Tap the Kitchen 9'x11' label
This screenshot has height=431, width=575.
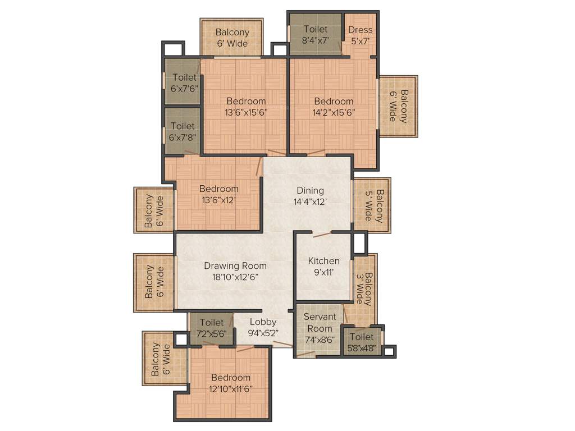(324, 267)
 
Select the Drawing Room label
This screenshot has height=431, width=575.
(235, 271)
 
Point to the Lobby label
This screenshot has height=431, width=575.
(263, 327)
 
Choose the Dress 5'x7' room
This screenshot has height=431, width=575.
(360, 35)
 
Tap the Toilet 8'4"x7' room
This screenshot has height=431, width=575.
(315, 34)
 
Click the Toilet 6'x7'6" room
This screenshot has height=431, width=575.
(183, 82)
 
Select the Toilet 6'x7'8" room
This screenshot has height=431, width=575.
(183, 131)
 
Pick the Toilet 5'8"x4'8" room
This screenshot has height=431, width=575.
(361, 342)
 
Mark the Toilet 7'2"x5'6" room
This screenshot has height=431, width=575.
(211, 328)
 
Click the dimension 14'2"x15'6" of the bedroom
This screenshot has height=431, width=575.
(334, 112)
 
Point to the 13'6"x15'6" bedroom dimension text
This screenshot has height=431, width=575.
(246, 112)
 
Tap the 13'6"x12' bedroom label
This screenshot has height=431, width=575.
(218, 194)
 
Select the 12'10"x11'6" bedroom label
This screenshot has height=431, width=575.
(230, 383)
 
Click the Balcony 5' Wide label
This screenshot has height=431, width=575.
(374, 205)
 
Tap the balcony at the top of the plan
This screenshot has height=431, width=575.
(232, 38)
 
